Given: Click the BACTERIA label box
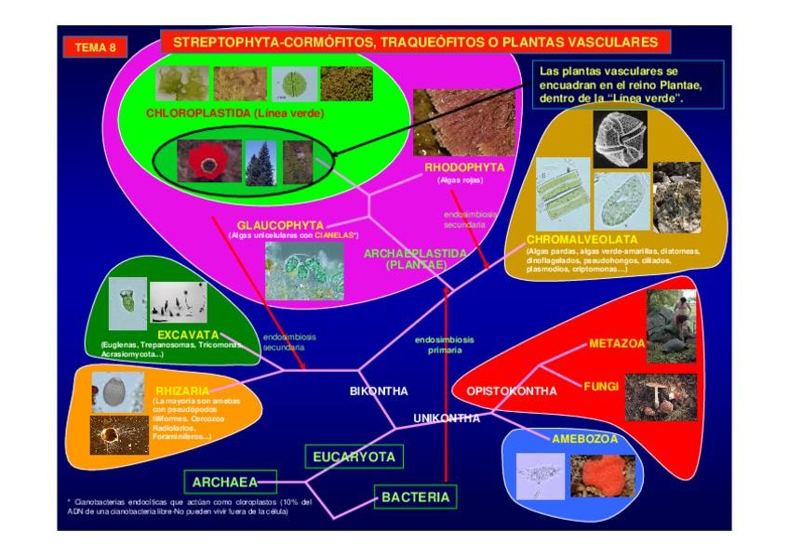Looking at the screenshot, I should tap(415, 497).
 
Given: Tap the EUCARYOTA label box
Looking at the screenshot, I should tap(354, 457).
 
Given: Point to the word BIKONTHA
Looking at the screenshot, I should tap(379, 391).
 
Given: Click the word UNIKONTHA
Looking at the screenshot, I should tap(447, 418).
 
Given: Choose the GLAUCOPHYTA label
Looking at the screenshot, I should tap(280, 225).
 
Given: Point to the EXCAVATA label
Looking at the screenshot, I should tap(187, 335).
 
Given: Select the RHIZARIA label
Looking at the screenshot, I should tap(182, 391).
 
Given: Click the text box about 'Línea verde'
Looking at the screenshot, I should tap(616, 85).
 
